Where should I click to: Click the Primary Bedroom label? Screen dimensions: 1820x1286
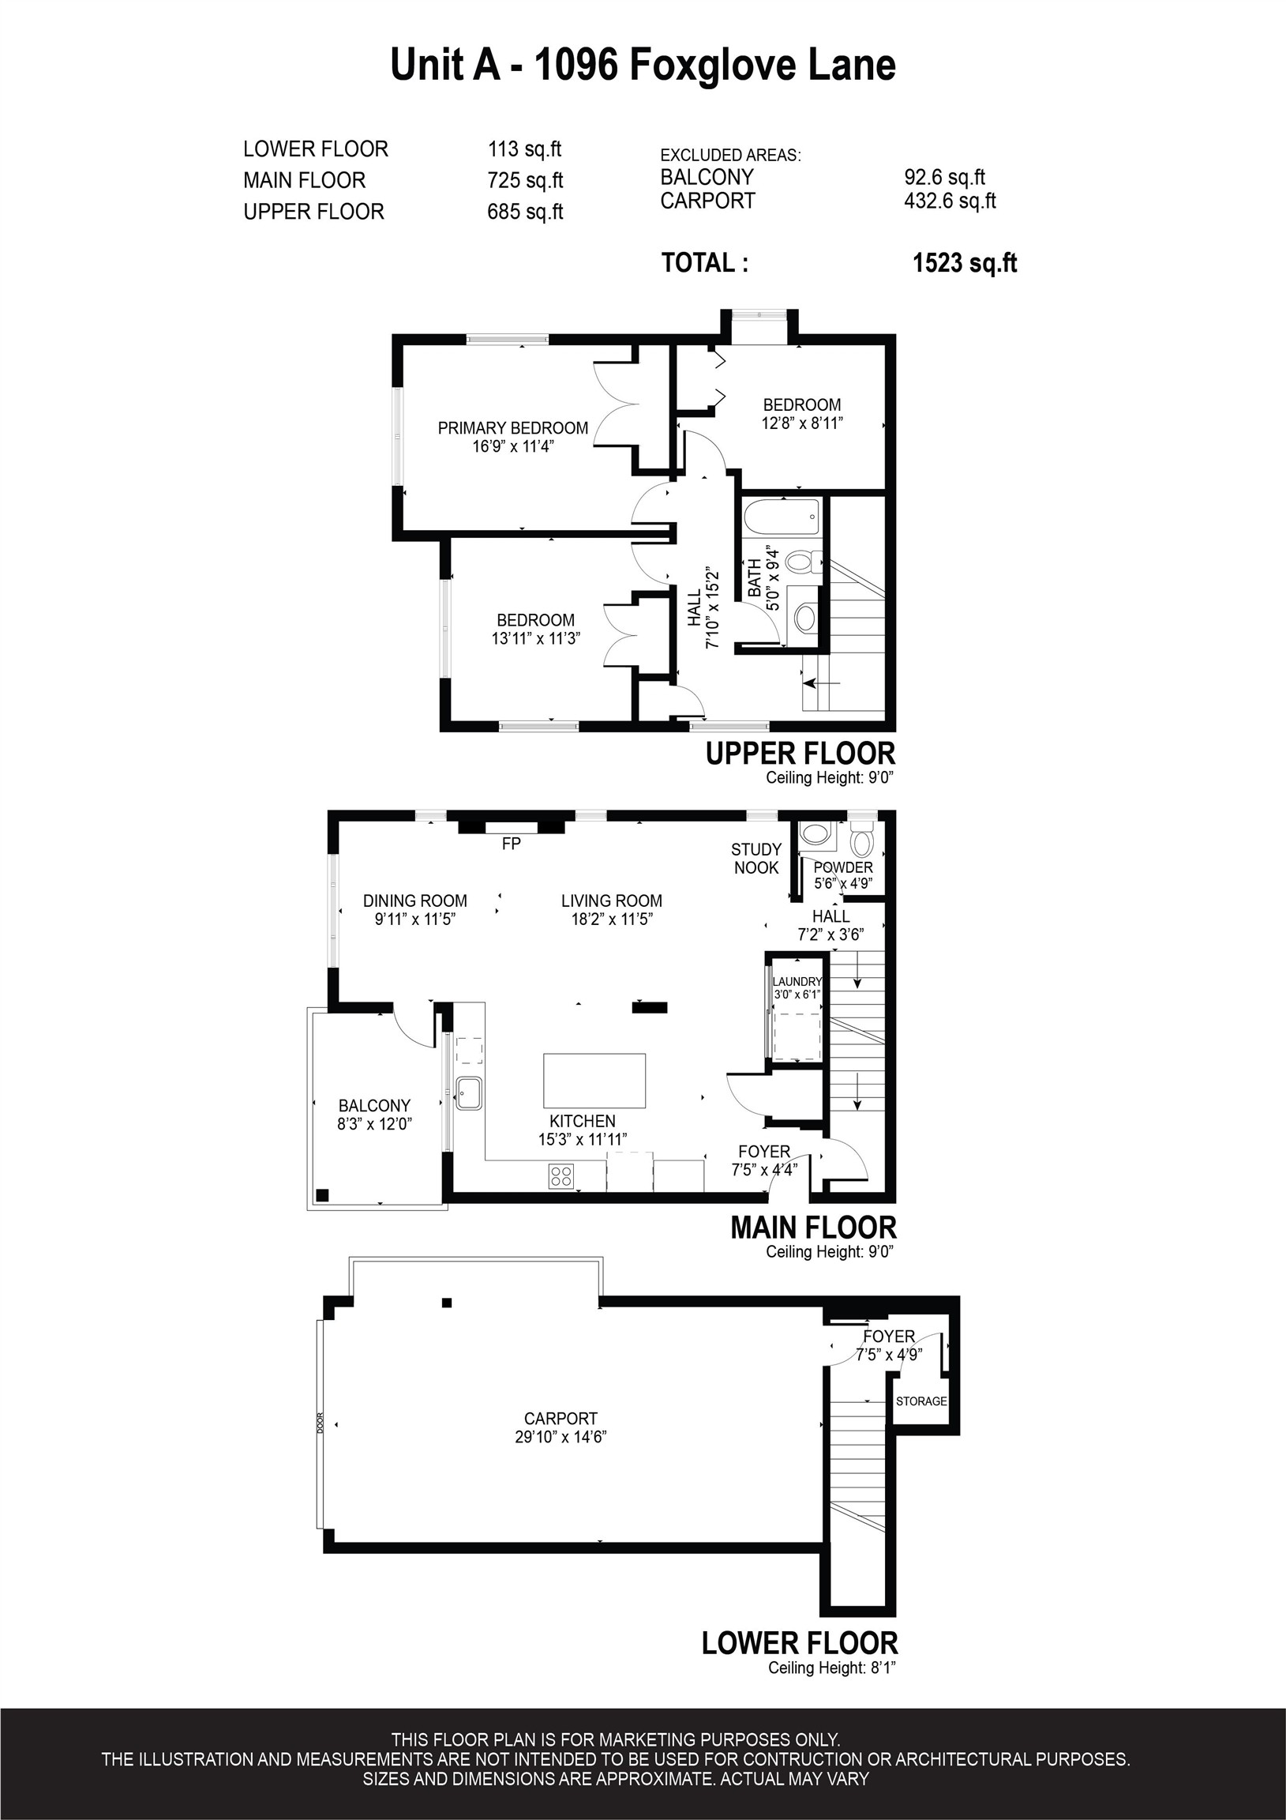pos(512,428)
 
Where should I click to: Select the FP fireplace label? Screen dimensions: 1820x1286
pos(511,844)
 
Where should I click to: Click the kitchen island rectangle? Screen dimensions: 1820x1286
pos(594,1080)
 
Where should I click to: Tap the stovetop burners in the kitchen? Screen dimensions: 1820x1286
pos(561,1175)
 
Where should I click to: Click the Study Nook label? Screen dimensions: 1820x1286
pos(756,859)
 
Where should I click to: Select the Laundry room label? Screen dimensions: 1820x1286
pos(797,981)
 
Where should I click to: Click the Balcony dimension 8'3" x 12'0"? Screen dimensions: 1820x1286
pos(374,1124)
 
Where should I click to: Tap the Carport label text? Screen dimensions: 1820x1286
pos(561,1419)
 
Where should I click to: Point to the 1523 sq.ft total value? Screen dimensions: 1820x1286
pos(964,263)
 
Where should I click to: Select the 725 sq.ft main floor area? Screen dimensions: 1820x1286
pos(524,181)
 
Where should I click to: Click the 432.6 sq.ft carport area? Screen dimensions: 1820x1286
pos(949,201)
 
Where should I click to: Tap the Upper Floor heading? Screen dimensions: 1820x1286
pos(800,753)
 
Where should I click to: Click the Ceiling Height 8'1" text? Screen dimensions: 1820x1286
pos(830,1668)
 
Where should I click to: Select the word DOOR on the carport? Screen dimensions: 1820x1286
pos(320,1422)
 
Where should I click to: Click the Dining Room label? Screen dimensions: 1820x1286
pos(414,901)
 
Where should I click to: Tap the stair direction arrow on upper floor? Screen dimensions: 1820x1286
pos(820,682)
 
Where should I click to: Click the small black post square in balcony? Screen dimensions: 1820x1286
pos(323,1195)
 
